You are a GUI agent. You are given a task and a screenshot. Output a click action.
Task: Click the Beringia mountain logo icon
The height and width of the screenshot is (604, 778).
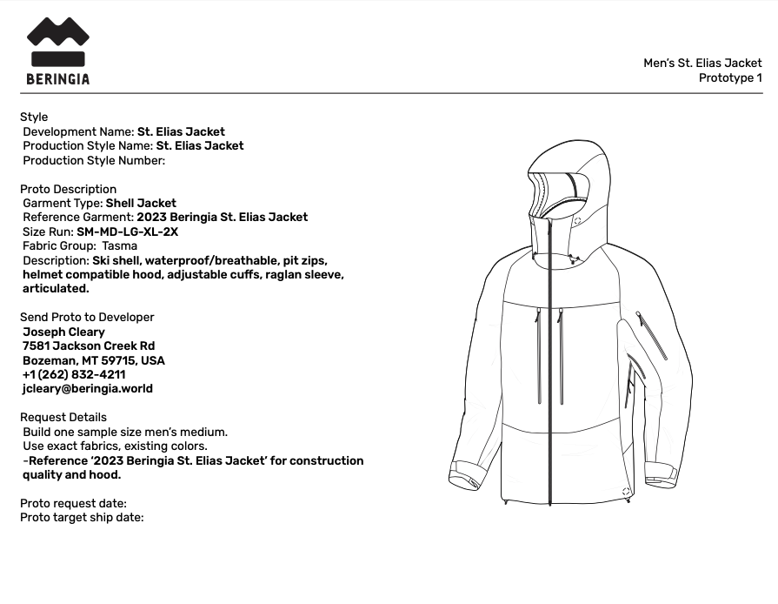pos(58,42)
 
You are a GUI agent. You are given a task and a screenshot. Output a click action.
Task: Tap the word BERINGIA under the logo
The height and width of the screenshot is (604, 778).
pos(58,79)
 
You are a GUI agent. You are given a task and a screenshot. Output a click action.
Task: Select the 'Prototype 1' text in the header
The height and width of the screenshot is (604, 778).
pos(730,77)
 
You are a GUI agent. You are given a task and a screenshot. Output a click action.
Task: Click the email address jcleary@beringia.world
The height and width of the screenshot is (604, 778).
pos(88,389)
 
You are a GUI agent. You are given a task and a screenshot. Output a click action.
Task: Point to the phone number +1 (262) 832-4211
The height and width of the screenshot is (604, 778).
pos(74,375)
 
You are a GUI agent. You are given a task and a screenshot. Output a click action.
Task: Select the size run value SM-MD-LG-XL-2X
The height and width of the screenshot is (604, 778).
pos(128,232)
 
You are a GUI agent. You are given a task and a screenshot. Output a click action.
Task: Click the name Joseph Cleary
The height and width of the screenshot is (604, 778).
pos(63,332)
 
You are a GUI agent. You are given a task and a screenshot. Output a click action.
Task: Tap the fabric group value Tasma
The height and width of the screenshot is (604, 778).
pos(120,246)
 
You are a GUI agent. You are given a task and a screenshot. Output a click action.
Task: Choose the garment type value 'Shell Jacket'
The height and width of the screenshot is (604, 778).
pos(141,203)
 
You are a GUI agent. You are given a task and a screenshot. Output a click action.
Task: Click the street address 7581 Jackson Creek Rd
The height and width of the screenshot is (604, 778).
pos(89,346)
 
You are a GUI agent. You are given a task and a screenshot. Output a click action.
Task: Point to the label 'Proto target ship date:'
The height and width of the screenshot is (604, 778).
pos(82,518)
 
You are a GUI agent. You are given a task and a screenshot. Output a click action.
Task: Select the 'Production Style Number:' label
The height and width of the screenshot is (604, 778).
pos(94,160)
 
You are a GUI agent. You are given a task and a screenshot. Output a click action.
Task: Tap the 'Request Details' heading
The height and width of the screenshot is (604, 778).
pos(63,418)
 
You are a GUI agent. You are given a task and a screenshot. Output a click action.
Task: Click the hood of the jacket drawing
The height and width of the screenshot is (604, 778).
pos(565,178)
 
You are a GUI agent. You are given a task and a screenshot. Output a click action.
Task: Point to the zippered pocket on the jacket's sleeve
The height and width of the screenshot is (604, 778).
pos(652,335)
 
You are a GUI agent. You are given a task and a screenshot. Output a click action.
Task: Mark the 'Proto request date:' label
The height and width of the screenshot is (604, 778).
pos(73,503)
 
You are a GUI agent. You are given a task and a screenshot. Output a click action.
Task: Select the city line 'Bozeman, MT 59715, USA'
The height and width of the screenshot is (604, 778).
pos(94,360)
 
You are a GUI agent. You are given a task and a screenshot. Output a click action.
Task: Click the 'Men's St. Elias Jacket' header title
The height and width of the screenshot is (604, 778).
pos(702,63)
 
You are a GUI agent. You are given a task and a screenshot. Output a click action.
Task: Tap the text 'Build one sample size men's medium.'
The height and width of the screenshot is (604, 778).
pos(125,432)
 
